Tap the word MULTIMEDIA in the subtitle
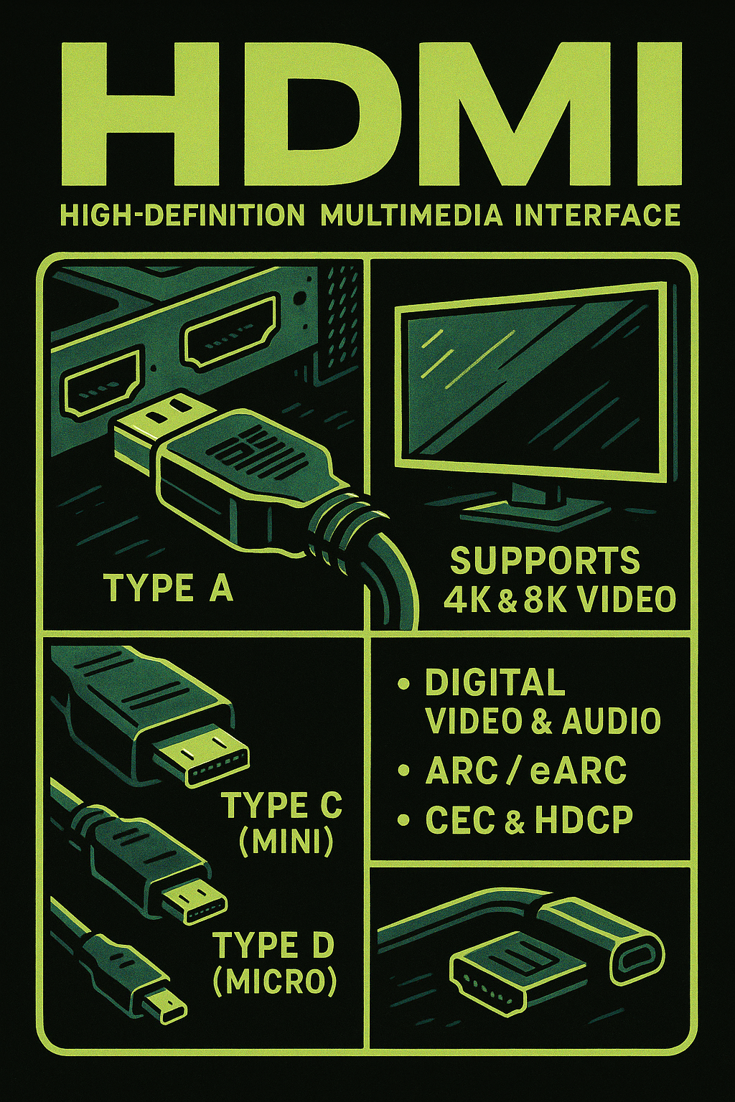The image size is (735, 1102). pyautogui.click(x=411, y=215)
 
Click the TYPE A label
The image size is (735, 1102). pyautogui.click(x=169, y=588)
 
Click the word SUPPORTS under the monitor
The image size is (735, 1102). pyautogui.click(x=544, y=561)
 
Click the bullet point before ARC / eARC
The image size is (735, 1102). pyautogui.click(x=403, y=772)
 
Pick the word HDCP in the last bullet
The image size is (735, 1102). pyautogui.click(x=583, y=820)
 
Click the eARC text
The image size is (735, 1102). pyautogui.click(x=579, y=771)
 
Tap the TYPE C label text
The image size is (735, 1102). pyautogui.click(x=281, y=806)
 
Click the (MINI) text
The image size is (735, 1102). pyautogui.click(x=286, y=842)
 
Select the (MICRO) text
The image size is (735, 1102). pyautogui.click(x=275, y=981)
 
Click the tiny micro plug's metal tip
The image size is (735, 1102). pyautogui.click(x=164, y=1004)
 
